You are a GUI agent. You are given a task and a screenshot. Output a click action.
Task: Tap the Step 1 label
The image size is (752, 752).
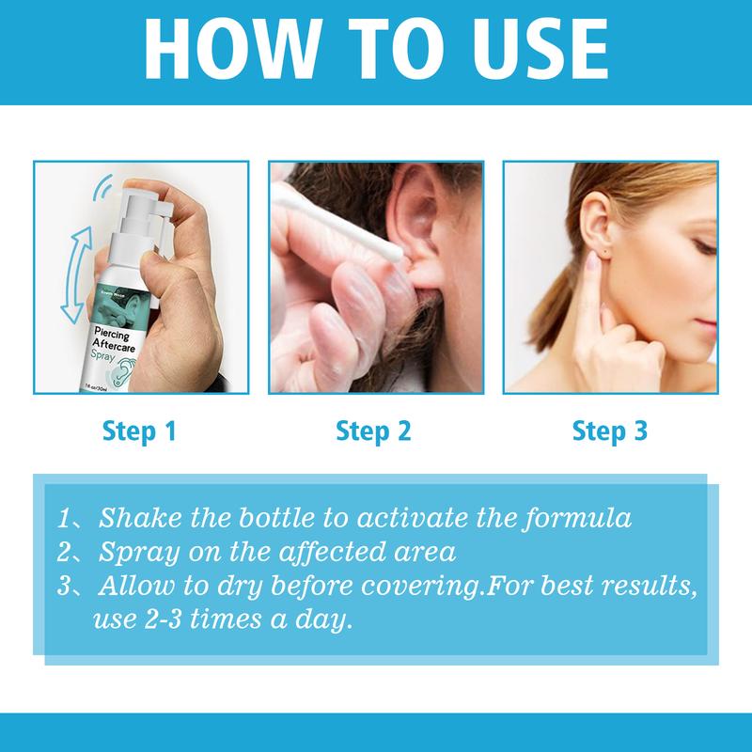coord(140,431)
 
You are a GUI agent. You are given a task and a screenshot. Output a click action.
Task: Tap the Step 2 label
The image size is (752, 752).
coord(374,431)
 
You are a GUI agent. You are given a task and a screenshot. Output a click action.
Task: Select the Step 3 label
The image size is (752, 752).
coord(609,431)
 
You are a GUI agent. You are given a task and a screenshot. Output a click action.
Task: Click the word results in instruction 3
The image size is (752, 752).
coord(648,588)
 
